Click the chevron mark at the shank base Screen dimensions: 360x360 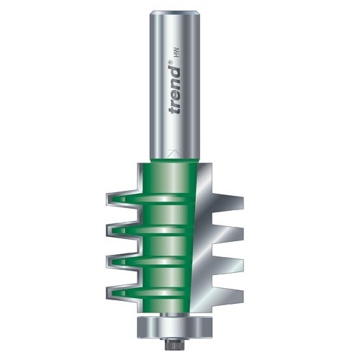tap(174, 153)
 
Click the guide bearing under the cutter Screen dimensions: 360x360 tap(176, 318)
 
